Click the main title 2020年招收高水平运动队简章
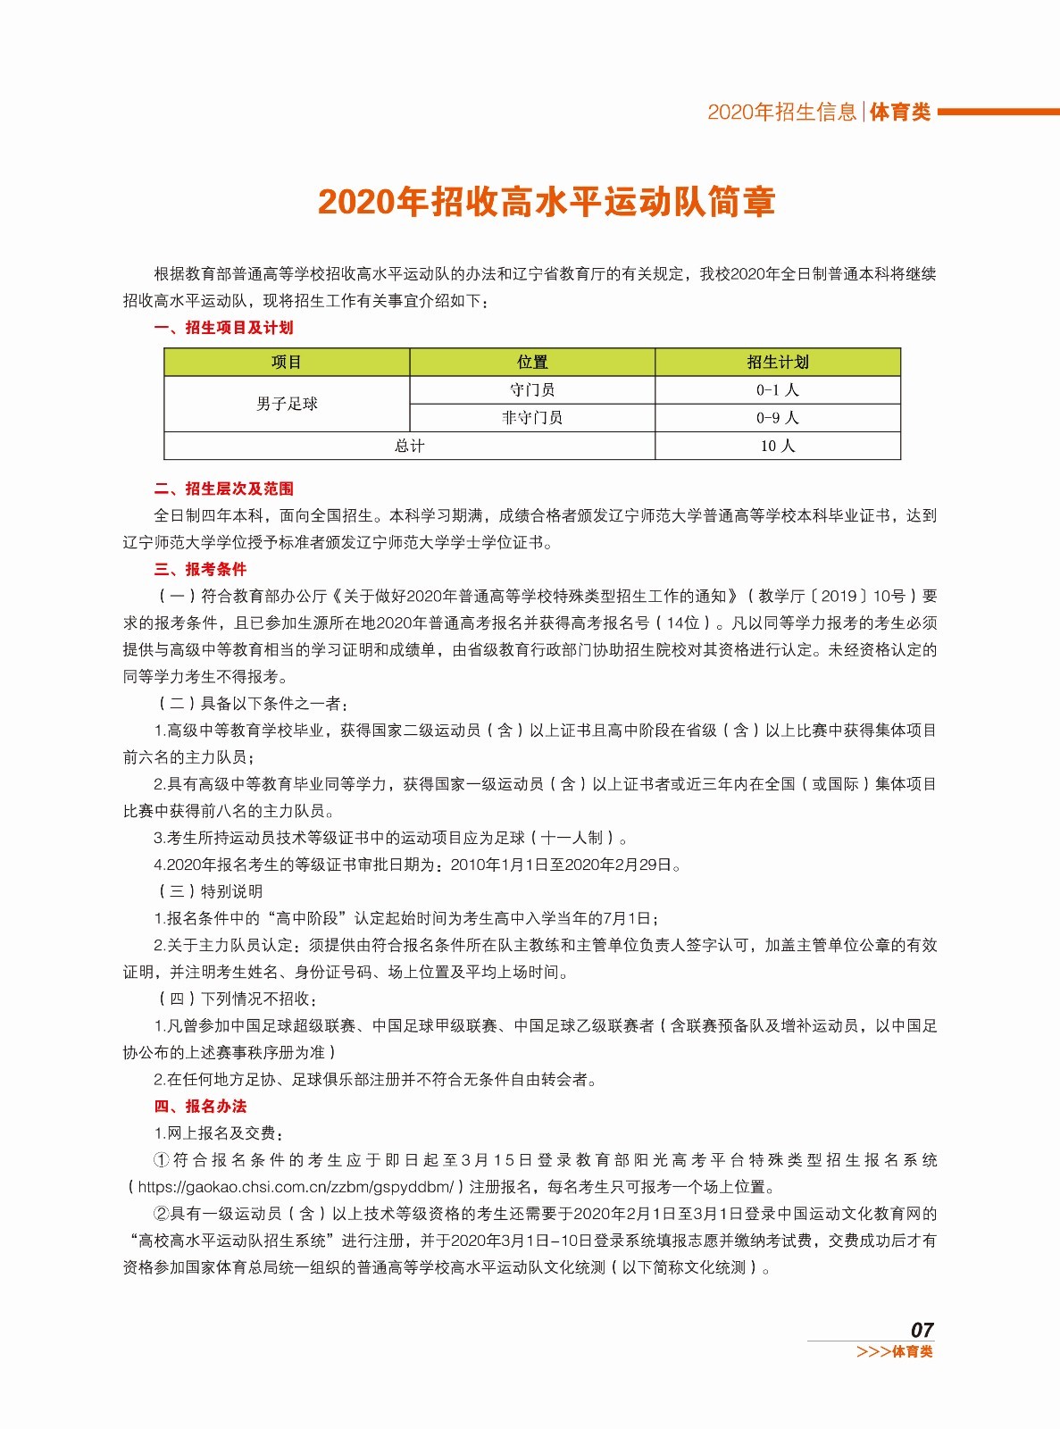point(546,203)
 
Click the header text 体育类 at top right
point(900,113)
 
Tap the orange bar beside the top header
point(997,113)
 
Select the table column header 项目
point(287,362)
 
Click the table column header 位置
point(532,362)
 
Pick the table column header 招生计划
point(778,362)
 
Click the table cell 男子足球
point(287,404)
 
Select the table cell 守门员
point(532,389)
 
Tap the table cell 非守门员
point(532,417)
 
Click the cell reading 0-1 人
point(778,389)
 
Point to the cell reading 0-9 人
point(778,417)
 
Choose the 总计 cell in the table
point(409,446)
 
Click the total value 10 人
point(778,446)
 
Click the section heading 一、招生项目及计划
point(223,328)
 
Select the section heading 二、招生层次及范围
point(223,489)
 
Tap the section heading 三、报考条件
point(200,569)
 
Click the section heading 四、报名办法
point(200,1106)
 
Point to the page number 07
point(922,1330)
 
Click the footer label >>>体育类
point(894,1352)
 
